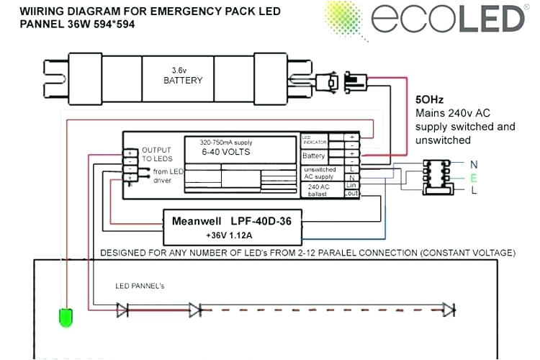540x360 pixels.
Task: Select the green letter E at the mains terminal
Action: [473, 177]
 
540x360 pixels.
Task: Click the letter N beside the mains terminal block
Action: [473, 164]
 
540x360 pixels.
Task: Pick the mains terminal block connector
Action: [437, 176]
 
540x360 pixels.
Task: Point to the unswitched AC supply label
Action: [319, 173]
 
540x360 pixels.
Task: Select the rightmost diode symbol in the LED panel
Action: [449, 310]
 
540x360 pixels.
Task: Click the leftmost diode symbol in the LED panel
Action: [122, 310]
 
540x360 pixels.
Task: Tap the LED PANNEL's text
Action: [140, 286]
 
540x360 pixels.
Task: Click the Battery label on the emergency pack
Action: [314, 156]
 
